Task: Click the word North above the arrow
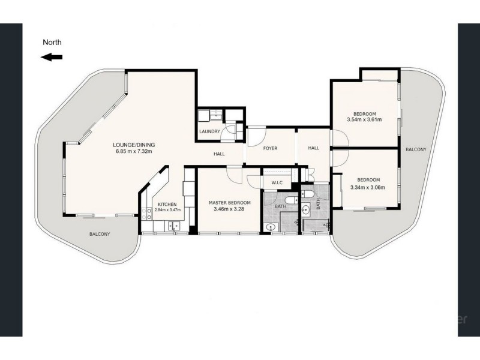52,43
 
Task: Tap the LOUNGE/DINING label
134,145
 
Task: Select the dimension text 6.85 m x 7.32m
134,151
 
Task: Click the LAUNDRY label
209,131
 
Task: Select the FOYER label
270,148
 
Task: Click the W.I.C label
277,182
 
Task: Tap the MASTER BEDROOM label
230,203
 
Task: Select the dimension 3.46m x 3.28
230,210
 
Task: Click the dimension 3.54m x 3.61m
364,120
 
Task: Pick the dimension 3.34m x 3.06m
367,187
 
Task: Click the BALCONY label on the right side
415,149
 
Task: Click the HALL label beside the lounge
219,154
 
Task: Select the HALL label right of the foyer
314,148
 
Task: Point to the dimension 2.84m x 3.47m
167,210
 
